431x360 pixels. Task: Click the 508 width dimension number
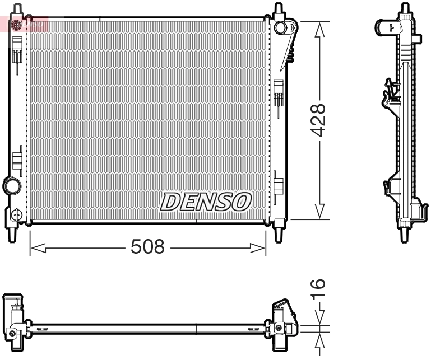click(x=148, y=247)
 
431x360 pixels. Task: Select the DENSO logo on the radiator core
click(x=206, y=202)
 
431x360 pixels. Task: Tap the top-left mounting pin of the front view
click(x=17, y=10)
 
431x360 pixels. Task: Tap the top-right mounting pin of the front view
click(x=277, y=10)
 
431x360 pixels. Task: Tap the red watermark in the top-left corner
click(x=25, y=24)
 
